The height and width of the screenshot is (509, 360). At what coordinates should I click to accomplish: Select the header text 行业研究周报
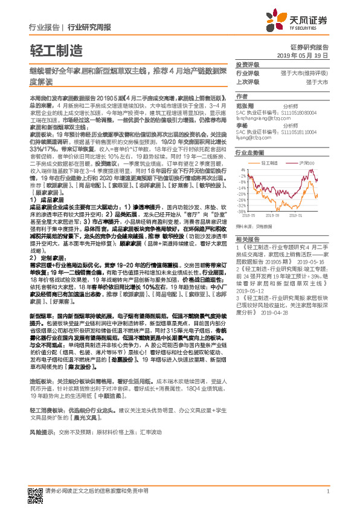[x=89, y=28]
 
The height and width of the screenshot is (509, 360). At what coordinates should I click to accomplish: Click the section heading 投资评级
[x=247, y=65]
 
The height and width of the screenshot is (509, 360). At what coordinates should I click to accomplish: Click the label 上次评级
[x=247, y=82]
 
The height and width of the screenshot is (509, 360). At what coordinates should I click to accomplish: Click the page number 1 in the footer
[x=327, y=491]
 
